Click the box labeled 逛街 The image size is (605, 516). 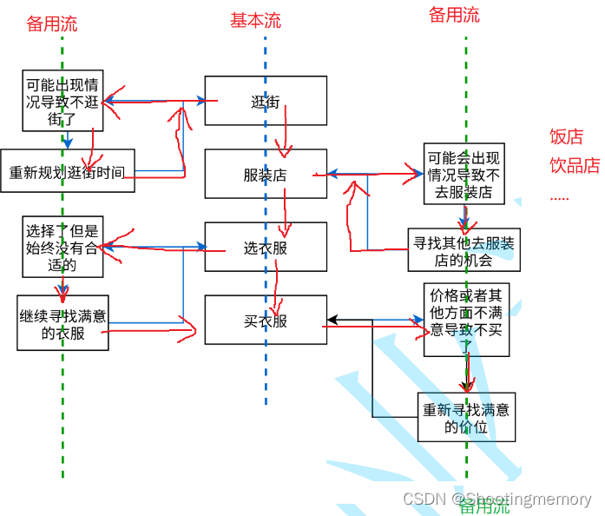click(266, 101)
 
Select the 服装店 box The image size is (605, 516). click(266, 175)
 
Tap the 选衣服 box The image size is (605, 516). click(266, 248)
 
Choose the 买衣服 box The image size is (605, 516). click(266, 321)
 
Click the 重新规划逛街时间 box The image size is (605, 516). click(68, 170)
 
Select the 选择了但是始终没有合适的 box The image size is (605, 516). click(62, 248)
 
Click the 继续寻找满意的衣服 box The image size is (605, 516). click(62, 322)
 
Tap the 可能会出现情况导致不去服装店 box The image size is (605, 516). click(464, 174)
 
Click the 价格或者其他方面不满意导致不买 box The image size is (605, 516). click(466, 319)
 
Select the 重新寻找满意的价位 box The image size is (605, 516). click(466, 417)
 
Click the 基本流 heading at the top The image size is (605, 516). click(255, 21)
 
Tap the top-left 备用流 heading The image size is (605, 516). click(52, 23)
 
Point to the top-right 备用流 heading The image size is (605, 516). click(454, 15)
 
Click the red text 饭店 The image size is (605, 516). click(566, 136)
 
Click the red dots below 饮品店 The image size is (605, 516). click(559, 197)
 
